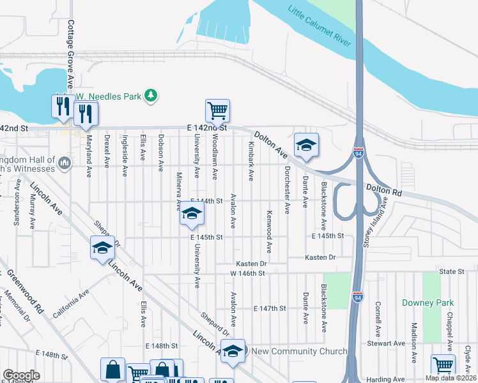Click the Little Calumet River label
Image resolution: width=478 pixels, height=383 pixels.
(320, 27)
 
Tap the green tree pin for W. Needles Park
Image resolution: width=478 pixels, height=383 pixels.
(151, 96)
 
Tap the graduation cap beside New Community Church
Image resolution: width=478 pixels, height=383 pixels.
(233, 351)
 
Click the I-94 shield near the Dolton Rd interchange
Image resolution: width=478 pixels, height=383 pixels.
(359, 153)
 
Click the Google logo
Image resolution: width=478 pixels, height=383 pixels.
(20, 375)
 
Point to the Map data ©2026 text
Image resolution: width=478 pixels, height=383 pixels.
(450, 378)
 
